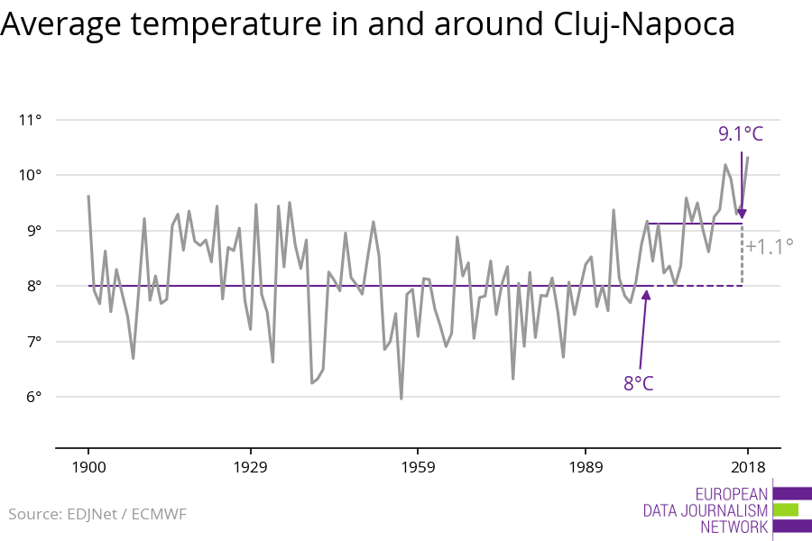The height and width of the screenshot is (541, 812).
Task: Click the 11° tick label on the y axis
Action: pos(31,120)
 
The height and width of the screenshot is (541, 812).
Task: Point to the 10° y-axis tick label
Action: pos(31,175)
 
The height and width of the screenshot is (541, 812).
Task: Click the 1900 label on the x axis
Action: pos(88,467)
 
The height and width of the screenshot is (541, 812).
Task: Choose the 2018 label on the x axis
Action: pos(747,467)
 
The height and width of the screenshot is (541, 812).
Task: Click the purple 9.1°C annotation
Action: pos(741,134)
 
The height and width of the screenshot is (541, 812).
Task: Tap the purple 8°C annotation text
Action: pos(638,383)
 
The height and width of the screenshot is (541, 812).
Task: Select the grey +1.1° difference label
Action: pos(770,244)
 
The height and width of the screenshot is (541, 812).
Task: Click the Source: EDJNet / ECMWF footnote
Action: pos(97,514)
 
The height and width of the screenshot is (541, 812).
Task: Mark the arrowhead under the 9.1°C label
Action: pos(742,214)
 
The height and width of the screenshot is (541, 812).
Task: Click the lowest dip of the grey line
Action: pos(401,398)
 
